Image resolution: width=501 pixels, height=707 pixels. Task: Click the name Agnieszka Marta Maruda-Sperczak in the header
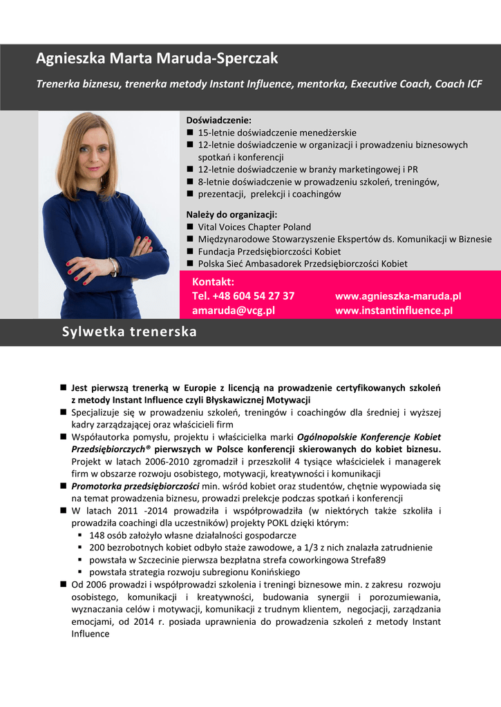[x=157, y=59]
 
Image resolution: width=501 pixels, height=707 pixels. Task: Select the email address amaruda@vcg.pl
[x=233, y=311]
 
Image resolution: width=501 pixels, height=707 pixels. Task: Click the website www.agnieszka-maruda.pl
[x=397, y=296]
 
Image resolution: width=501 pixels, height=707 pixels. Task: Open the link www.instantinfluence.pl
[x=393, y=311]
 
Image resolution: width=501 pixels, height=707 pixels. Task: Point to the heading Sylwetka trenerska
[x=129, y=332]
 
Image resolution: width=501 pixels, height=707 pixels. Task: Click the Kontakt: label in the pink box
[x=213, y=282]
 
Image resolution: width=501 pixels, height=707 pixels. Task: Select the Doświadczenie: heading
[x=219, y=119]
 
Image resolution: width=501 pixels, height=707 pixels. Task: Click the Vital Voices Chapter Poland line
[x=254, y=226]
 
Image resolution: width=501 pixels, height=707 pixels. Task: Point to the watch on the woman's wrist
[x=113, y=266]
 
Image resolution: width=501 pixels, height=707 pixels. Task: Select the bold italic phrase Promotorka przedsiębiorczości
[x=135, y=486]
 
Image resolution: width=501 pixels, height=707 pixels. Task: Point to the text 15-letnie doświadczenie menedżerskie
[x=277, y=132]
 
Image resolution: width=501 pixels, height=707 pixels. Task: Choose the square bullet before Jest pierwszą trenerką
[x=63, y=387]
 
